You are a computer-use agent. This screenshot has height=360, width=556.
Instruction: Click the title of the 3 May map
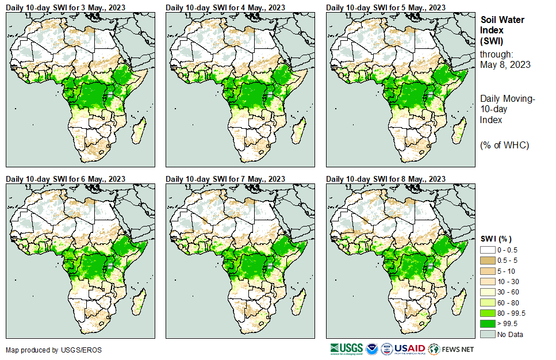66,7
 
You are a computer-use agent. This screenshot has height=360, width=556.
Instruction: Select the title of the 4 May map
225,7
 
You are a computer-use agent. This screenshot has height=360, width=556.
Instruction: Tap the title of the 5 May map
386,7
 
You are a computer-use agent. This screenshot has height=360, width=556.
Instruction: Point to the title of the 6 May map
66,179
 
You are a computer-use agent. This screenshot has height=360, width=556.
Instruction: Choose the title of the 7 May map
225,179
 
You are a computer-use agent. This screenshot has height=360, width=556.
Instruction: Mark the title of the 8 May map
386,179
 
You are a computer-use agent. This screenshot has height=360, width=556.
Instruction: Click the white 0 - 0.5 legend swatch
488,250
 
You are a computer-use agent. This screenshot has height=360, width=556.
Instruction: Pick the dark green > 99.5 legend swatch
488,323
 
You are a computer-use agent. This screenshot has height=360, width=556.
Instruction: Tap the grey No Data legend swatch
488,334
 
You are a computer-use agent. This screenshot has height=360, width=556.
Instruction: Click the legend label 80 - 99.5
512,313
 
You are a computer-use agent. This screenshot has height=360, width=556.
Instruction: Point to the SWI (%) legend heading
496,239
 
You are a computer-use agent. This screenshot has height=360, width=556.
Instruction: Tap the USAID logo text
409,348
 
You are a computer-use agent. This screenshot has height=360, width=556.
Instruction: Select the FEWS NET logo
452,348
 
